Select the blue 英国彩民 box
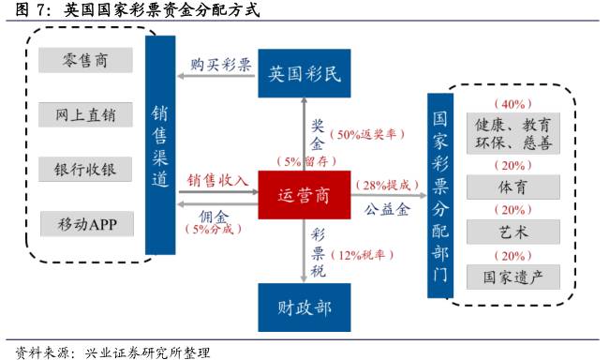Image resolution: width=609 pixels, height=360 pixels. pyautogui.click(x=304, y=73)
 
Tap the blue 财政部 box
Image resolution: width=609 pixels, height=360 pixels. pyautogui.click(x=304, y=306)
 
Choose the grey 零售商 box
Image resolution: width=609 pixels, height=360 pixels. pyautogui.click(x=86, y=60)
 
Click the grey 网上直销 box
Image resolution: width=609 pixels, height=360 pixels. pyautogui.click(x=86, y=114)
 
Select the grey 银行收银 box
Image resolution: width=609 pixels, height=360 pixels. pyautogui.click(x=86, y=170)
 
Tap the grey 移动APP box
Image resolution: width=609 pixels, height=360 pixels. pyautogui.click(x=86, y=224)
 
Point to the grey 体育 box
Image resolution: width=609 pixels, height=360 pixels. pyautogui.click(x=512, y=187)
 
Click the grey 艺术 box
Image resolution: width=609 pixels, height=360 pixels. pyautogui.click(x=512, y=232)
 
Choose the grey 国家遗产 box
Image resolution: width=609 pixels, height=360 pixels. pyautogui.click(x=512, y=277)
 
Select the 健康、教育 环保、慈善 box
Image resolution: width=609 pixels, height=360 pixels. pyautogui.click(x=512, y=133)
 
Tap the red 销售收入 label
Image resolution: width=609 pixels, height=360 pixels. pyautogui.click(x=217, y=179)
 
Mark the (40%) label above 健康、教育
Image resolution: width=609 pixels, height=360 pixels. pyautogui.click(x=512, y=103)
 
